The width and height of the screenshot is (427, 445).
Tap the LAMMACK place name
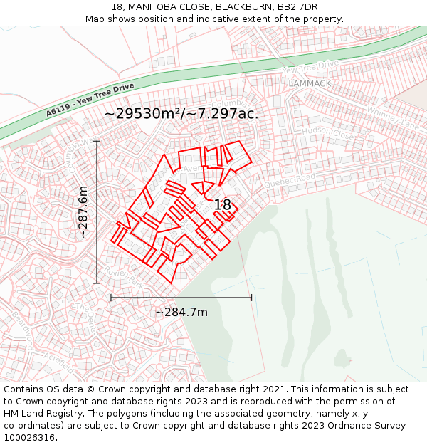(310, 83)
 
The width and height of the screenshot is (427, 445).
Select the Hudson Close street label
(328, 133)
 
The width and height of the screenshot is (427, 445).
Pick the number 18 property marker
(223, 205)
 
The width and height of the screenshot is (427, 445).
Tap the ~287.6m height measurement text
(83, 211)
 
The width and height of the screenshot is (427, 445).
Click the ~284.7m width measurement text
(181, 312)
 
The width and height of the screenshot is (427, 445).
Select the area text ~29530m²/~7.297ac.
(181, 113)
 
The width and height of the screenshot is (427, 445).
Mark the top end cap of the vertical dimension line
(97, 142)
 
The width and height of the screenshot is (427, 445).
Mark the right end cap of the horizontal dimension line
(251, 298)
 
